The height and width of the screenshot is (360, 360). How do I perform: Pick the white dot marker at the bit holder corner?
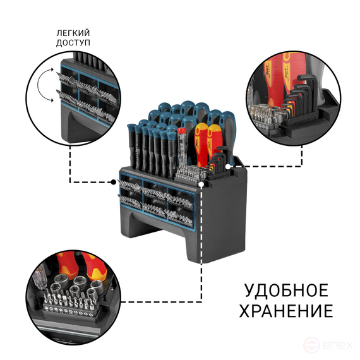coord(201,185)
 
